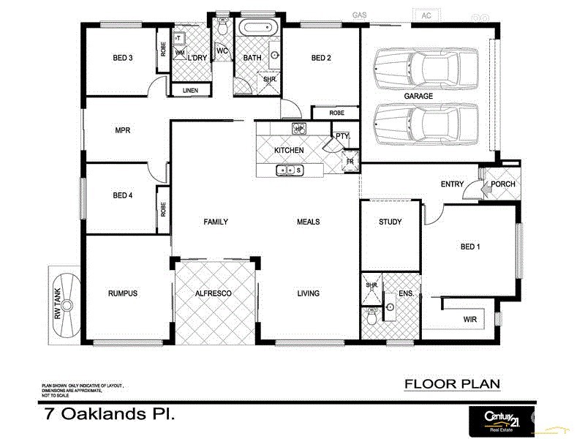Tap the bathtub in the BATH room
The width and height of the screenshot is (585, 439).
[258, 29]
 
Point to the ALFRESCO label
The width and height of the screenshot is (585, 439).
[214, 293]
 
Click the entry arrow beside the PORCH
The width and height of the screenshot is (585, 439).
[476, 192]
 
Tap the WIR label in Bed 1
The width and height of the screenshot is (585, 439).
[469, 320]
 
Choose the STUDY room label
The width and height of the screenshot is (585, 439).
[390, 222]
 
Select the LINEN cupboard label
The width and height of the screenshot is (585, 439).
[190, 91]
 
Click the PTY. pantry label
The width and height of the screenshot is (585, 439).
[342, 136]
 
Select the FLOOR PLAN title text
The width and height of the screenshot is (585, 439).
[452, 384]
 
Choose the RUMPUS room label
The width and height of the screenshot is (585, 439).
[122, 293]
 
